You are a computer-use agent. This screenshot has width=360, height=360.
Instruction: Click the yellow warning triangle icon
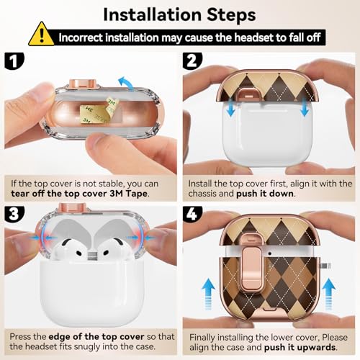coord(41,35)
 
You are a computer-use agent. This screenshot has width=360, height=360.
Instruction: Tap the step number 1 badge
coord(14,61)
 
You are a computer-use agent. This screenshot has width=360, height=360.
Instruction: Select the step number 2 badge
coord(192,61)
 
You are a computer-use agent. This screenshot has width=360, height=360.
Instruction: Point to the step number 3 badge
coord(14,214)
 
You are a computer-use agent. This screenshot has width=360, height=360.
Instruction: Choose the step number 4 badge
coord(192,214)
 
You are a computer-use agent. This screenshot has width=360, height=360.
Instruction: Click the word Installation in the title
coord(153,15)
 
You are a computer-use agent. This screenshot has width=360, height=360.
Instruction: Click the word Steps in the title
coord(231,16)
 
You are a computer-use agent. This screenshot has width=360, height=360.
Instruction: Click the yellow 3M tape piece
coord(99,111)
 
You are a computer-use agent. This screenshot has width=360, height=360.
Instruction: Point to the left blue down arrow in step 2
coord(231,108)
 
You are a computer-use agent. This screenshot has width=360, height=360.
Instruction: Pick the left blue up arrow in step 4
coord(208,294)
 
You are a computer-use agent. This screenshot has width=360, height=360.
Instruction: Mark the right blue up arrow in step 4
coord(328,294)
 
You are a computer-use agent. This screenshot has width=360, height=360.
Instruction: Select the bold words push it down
coord(265,194)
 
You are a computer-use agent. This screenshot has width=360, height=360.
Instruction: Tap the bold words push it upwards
coord(300,347)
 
